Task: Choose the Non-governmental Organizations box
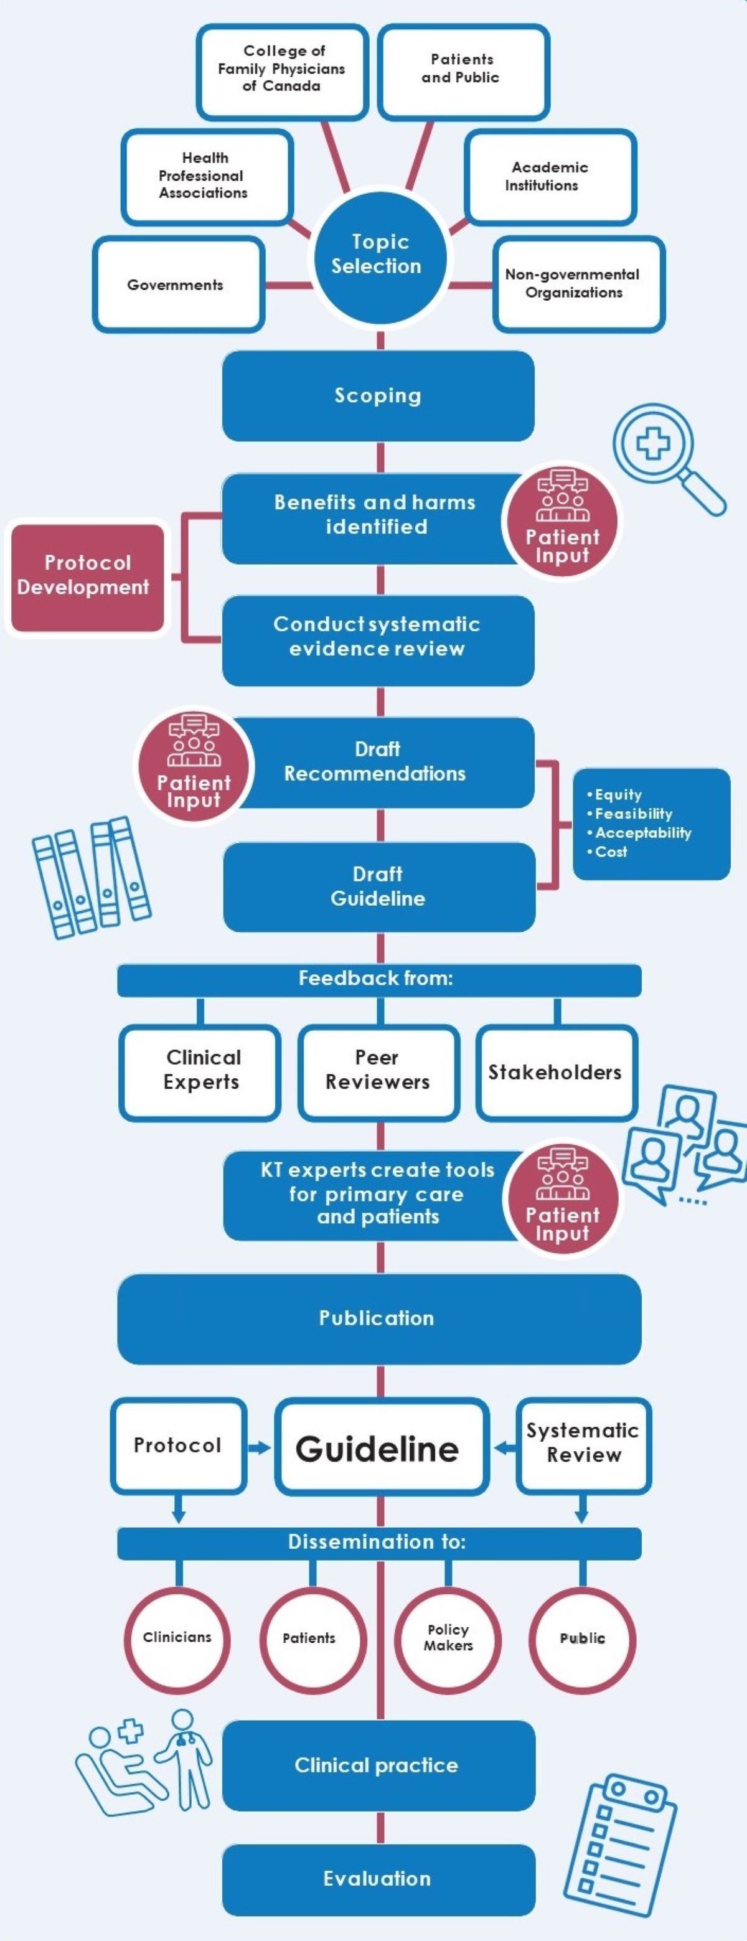(x=578, y=284)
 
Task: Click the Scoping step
(x=378, y=395)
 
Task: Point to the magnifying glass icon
(x=666, y=458)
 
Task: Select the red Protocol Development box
(x=87, y=576)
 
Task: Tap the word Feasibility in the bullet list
(x=633, y=814)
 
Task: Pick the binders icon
(x=90, y=877)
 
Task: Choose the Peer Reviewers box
(x=378, y=1071)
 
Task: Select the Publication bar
(x=378, y=1318)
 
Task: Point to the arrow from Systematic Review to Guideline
(x=504, y=1447)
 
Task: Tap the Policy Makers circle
(x=448, y=1639)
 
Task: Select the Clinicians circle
(x=177, y=1639)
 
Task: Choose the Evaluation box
(x=378, y=1879)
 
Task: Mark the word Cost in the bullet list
(x=611, y=852)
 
